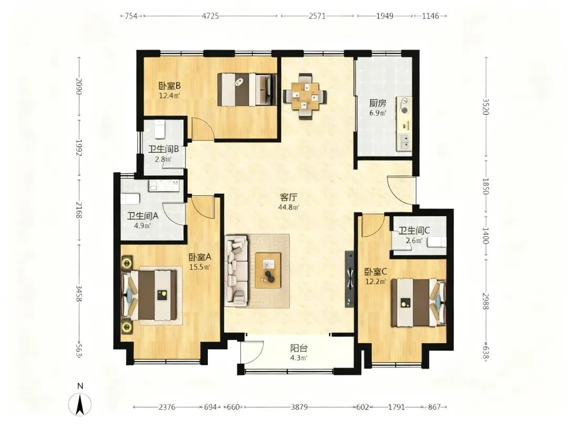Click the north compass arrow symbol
coord(80,403)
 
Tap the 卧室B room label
coord(170,86)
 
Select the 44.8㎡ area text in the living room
coord(289,207)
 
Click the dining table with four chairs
coord(305,96)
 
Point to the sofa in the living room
coord(236,271)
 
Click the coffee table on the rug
coord(268,270)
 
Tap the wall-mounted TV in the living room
coord(349,279)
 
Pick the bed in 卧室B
coord(247,90)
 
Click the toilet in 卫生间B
coord(160,130)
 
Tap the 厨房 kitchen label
coord(377,103)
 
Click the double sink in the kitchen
coord(404,142)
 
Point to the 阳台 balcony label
coord(299,348)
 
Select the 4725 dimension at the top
coord(211,16)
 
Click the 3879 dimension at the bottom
coord(299,407)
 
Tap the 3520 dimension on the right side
coord(486,107)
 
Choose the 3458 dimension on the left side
coord(79,293)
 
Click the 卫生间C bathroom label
coord(414,230)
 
